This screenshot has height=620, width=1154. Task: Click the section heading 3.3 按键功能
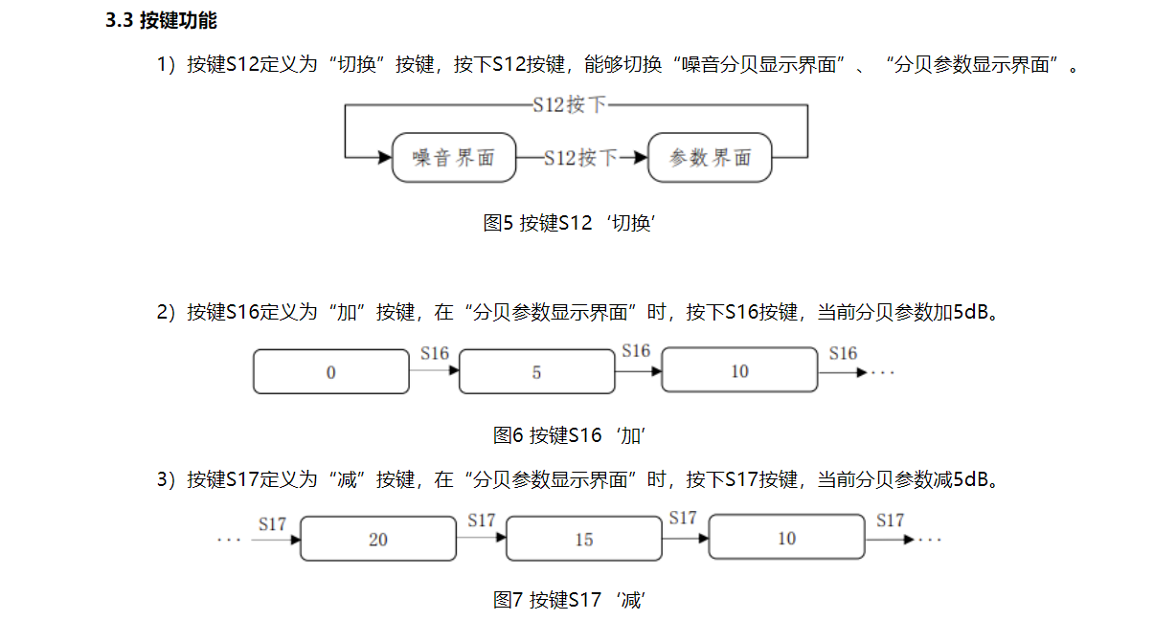click(x=161, y=21)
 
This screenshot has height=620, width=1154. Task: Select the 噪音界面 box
click(x=454, y=158)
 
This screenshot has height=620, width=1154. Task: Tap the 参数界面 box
click(x=710, y=158)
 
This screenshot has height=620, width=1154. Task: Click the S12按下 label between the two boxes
click(x=580, y=158)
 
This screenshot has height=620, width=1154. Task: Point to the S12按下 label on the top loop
click(x=570, y=105)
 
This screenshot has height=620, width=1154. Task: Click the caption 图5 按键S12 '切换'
click(x=575, y=223)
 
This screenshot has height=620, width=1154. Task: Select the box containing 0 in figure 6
click(x=330, y=372)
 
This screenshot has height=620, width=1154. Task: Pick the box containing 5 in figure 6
click(x=536, y=372)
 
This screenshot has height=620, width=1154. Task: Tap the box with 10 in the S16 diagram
click(x=739, y=371)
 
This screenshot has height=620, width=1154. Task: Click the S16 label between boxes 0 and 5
click(x=434, y=354)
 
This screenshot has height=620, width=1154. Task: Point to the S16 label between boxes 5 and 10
click(x=636, y=351)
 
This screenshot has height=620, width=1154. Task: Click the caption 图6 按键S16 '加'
click(x=571, y=435)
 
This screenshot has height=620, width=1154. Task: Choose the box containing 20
click(x=378, y=540)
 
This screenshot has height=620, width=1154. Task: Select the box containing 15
click(x=584, y=540)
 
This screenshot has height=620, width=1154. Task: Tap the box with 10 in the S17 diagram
click(x=786, y=539)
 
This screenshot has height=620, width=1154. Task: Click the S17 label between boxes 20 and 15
click(x=482, y=520)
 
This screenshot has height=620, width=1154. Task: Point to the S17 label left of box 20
click(x=273, y=523)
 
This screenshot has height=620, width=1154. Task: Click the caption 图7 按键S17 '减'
click(x=571, y=600)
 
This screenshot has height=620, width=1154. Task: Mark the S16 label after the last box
click(x=843, y=354)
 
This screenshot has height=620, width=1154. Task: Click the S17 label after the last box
click(x=890, y=520)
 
